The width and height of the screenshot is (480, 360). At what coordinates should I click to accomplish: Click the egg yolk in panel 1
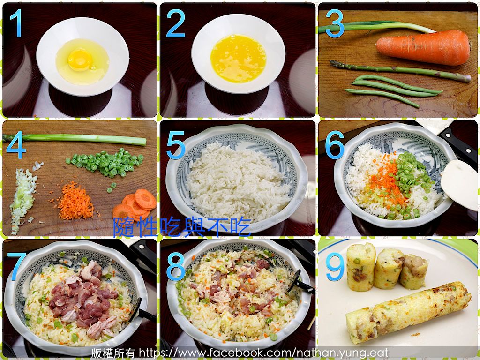tap(80, 60)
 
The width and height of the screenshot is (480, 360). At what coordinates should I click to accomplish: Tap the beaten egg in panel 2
tap(238, 59)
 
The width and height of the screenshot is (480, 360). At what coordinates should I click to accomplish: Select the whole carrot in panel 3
tap(423, 47)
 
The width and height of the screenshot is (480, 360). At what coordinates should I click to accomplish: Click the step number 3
tap(335, 23)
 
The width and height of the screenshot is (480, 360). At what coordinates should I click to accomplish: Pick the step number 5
tap(176, 145)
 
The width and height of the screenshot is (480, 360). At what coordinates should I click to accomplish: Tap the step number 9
tap(335, 267)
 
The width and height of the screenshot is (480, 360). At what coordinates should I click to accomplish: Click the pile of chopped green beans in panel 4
tap(106, 163)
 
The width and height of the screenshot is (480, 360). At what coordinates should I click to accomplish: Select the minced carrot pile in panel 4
tap(75, 202)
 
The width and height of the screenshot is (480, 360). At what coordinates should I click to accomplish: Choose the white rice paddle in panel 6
tap(459, 184)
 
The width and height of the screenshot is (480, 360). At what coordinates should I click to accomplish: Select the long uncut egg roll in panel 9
tap(408, 312)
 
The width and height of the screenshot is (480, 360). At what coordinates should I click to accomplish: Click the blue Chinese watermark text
tap(182, 227)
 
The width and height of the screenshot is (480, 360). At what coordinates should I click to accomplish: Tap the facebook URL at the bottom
tap(263, 353)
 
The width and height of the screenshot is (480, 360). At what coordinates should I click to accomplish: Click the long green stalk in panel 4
tap(75, 139)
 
